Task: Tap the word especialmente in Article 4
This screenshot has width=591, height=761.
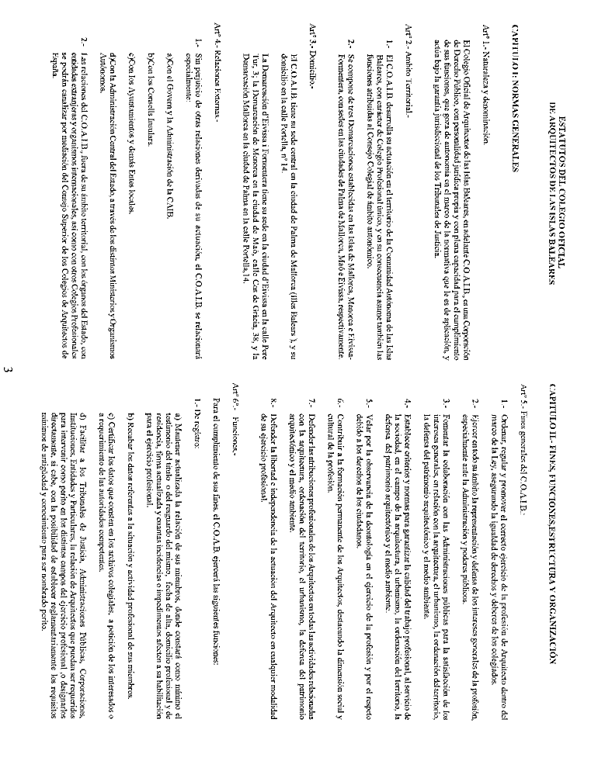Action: click(186, 68)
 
